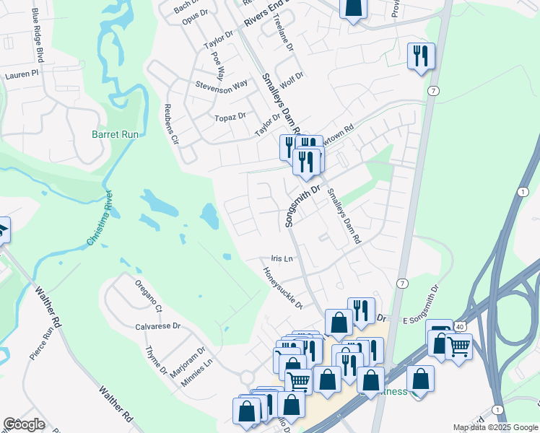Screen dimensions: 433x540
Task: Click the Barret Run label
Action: tap(115, 134)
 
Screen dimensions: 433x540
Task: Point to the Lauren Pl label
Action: tap(21, 74)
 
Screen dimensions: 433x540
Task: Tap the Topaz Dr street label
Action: tap(230, 116)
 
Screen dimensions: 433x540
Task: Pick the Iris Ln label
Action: tap(282, 258)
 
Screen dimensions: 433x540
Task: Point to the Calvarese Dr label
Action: tap(157, 326)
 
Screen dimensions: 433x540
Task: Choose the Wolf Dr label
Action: tap(292, 79)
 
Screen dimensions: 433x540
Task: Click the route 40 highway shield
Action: tap(460, 327)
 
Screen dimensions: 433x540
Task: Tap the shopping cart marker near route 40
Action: tap(458, 346)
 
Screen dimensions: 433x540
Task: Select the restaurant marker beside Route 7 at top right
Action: tap(421, 56)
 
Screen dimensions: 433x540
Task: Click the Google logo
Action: tap(24, 424)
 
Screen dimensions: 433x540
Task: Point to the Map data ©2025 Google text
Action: tap(495, 427)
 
